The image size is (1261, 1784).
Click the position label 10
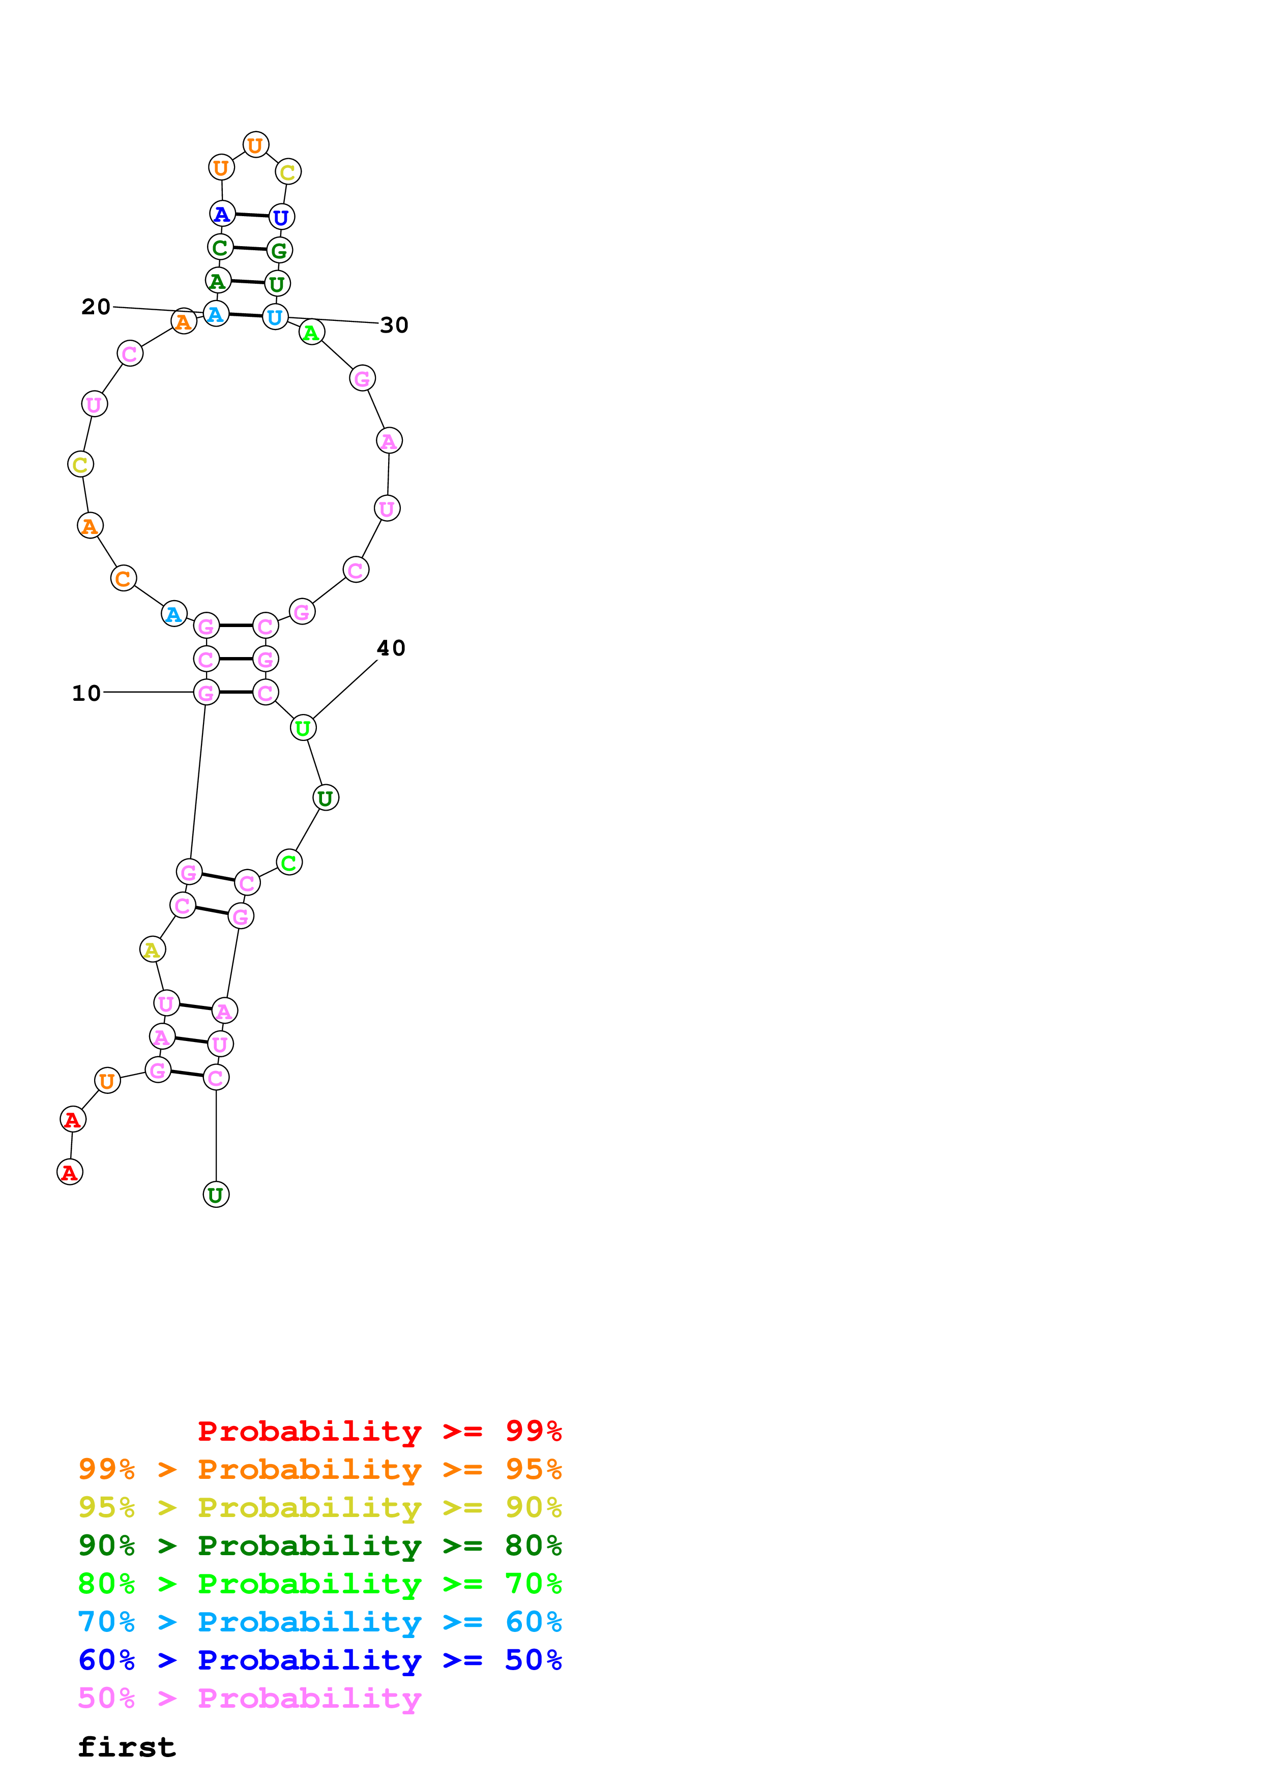click(86, 693)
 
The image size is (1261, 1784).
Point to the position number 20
click(96, 307)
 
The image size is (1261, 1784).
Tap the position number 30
click(394, 325)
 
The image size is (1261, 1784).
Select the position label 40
click(391, 648)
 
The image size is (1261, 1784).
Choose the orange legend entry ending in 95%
click(319, 1469)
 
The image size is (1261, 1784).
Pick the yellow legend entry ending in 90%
click(319, 1507)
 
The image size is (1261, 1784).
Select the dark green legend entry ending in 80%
click(319, 1545)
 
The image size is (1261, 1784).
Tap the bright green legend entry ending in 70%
click(319, 1584)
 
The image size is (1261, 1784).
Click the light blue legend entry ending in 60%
click(319, 1622)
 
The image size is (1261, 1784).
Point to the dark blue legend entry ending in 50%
click(319, 1660)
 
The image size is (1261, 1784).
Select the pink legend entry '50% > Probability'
click(249, 1698)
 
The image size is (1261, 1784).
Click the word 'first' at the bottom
click(127, 1747)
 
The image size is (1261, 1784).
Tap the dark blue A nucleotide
click(222, 213)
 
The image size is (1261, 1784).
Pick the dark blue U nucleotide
click(281, 217)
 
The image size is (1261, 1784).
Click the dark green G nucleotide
click(279, 250)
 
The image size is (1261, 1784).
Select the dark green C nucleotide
click(220, 247)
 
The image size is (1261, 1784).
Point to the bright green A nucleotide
click(311, 333)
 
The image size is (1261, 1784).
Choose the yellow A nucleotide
click(152, 949)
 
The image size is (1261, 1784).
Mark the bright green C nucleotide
click(289, 863)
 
